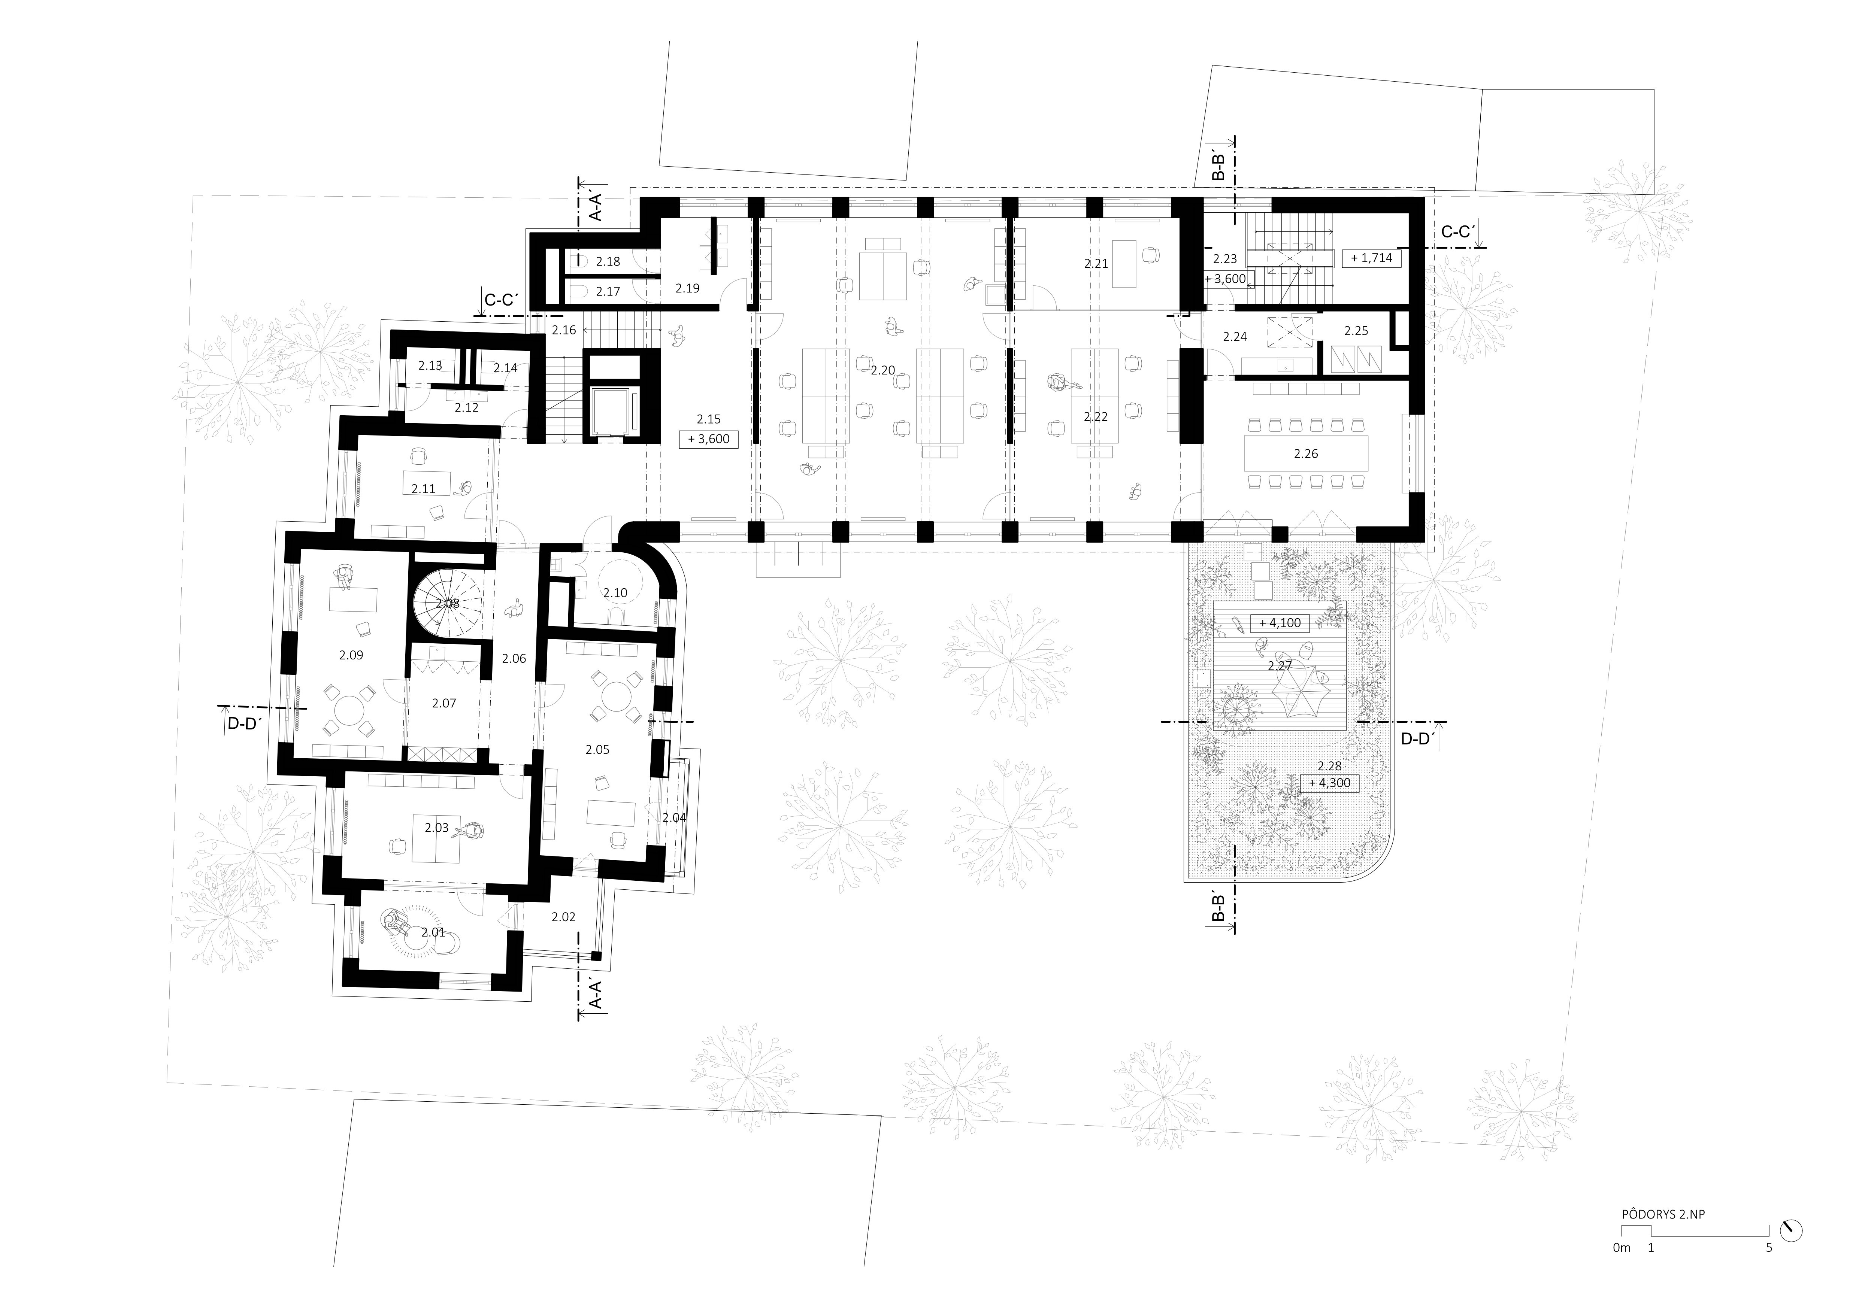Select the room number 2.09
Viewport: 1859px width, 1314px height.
351,656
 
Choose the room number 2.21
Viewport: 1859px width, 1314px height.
1096,264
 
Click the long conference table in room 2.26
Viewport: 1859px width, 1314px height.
1306,453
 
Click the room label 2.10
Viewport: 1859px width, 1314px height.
615,594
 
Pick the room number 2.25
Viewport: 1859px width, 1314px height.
1355,331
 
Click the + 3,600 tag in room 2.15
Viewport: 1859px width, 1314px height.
708,440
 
